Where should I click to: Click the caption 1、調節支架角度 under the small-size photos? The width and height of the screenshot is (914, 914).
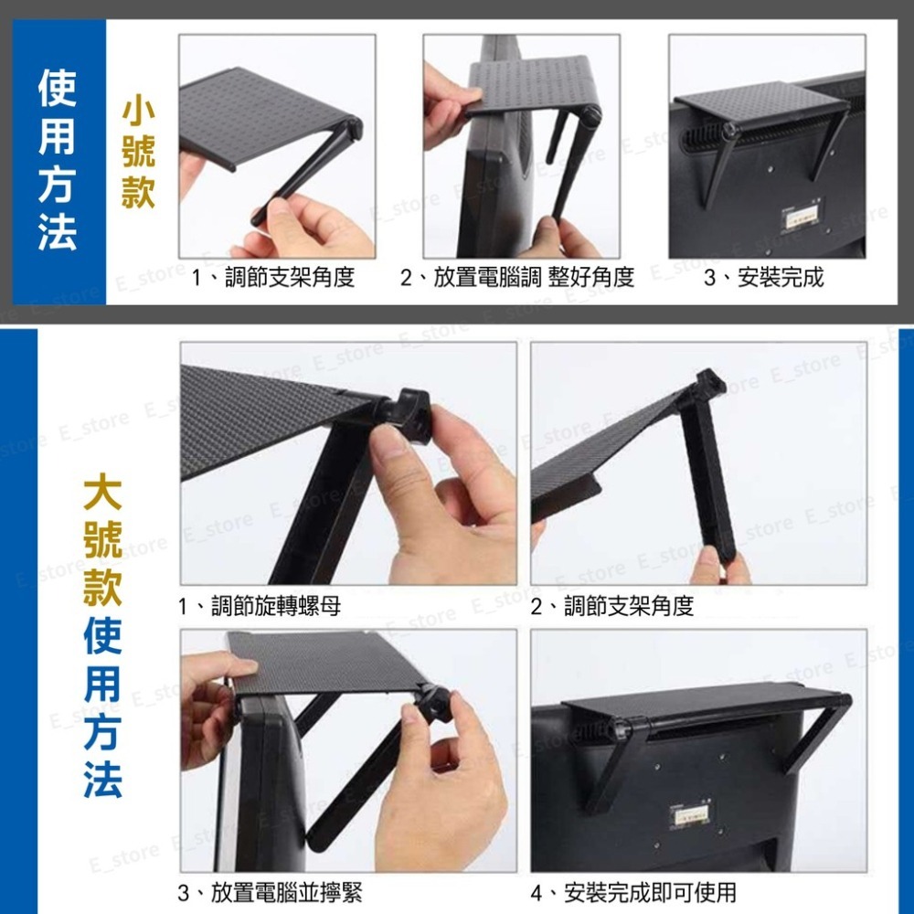(272, 278)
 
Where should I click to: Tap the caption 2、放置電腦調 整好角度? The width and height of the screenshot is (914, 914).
(517, 278)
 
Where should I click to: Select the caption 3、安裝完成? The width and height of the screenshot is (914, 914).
(763, 278)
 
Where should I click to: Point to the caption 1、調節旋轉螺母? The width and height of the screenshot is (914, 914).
(260, 606)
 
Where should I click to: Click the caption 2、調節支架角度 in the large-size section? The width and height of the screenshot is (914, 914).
(612, 606)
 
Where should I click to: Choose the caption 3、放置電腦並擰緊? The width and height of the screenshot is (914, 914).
(270, 892)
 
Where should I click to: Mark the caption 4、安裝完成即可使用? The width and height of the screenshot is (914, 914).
(633, 892)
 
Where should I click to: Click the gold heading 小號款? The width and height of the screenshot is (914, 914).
(138, 154)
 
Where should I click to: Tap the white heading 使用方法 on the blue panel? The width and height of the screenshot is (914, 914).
(57, 160)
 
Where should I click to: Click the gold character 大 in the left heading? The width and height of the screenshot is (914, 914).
(102, 494)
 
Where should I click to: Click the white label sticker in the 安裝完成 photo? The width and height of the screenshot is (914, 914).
(801, 219)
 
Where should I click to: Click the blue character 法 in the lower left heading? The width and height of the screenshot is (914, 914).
(102, 779)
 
